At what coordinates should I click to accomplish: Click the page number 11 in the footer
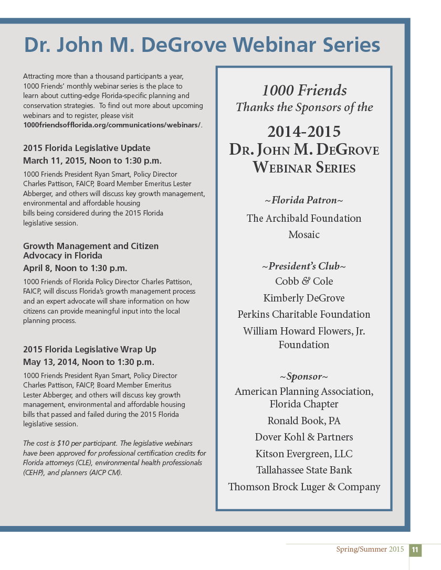pos(415,550)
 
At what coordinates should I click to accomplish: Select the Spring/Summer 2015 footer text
pos(370,550)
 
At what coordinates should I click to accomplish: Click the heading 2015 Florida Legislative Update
pos(87,148)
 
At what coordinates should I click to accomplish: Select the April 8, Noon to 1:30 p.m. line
pos(75,268)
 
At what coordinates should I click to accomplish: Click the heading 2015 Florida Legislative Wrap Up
pos(90,349)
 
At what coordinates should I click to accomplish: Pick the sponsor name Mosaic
pos(304,234)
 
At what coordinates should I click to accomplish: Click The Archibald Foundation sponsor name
pos(304,218)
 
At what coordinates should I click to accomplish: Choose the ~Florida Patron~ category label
pos(304,200)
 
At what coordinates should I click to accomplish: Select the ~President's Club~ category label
pos(304,266)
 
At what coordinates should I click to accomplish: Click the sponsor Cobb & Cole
pos(304,281)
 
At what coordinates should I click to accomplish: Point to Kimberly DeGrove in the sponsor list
pos(304,298)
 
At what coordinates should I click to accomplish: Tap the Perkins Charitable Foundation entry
pos(304,314)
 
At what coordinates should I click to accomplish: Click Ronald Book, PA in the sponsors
pos(304,421)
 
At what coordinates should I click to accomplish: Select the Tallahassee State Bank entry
pos(304,470)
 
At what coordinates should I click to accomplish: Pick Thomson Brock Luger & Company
pos(304,487)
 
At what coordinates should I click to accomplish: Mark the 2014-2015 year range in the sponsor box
pos(304,131)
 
